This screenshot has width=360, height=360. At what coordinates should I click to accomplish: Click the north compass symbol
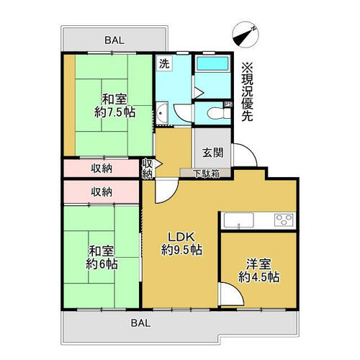coord(246,35)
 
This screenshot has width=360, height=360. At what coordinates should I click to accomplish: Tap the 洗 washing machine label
coord(164,63)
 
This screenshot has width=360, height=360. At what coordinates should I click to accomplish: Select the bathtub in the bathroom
coord(212,63)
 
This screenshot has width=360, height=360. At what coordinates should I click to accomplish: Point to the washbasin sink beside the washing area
coord(162,113)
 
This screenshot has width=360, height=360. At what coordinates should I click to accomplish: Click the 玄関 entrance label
coord(212,153)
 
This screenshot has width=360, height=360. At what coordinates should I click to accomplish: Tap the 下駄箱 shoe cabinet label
coord(207,174)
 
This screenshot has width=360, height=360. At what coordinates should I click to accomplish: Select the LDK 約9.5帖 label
coord(181,243)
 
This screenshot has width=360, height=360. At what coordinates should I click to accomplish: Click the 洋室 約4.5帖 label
coord(258,271)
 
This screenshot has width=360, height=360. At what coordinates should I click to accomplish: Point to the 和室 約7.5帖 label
coord(114,106)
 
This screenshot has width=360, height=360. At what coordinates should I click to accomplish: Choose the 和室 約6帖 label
coord(102,258)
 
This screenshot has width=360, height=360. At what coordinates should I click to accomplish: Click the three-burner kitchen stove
coord(284,220)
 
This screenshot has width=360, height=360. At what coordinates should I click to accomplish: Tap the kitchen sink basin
coord(238,220)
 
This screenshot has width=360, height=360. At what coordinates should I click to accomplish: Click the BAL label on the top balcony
coord(114,40)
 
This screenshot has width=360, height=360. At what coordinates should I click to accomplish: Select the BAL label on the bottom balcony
coord(140,323)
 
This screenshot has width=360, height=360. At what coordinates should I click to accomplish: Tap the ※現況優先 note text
coord(247,91)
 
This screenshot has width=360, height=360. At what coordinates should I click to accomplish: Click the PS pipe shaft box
coord(228,104)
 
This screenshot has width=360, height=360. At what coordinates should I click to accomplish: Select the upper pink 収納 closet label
coord(102,168)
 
